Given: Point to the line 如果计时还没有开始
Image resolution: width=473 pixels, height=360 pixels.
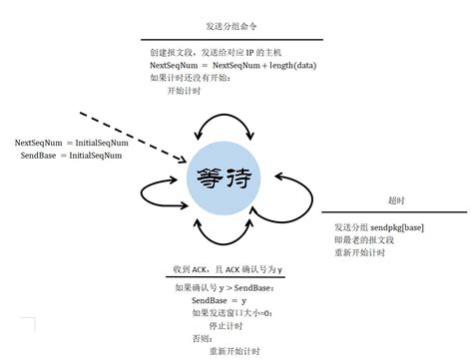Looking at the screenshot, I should pyautogui.click(x=189, y=77).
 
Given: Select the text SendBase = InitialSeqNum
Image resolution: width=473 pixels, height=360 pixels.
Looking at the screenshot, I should pyautogui.click(x=71, y=156).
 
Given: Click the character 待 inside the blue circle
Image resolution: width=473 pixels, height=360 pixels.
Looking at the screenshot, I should pyautogui.click(x=239, y=180).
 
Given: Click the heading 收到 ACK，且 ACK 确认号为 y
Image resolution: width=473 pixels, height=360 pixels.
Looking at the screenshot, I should pyautogui.click(x=229, y=270).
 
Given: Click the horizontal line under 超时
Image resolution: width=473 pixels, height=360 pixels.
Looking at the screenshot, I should pyautogui.click(x=393, y=212).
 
